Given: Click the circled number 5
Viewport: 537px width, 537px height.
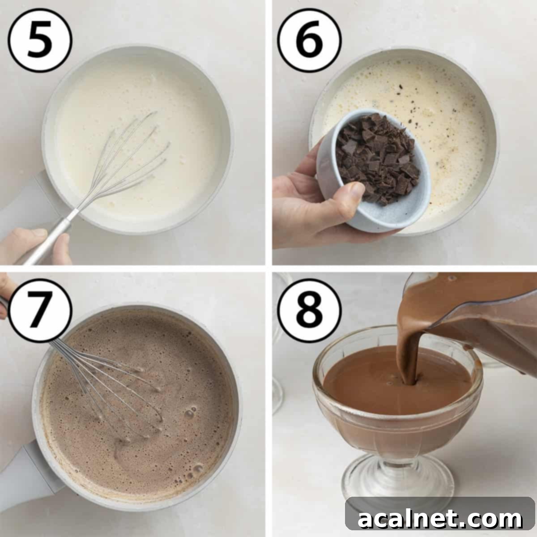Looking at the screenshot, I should click(40, 40).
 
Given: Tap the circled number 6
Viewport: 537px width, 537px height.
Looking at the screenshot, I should click(309, 40).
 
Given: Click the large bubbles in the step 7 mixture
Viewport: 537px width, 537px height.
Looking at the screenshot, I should click(190, 412).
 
